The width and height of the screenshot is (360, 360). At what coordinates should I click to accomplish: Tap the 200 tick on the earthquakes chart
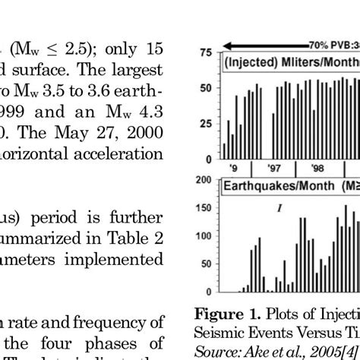(x=201, y=179)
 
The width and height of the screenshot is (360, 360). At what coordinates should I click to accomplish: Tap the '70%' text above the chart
(x=318, y=45)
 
